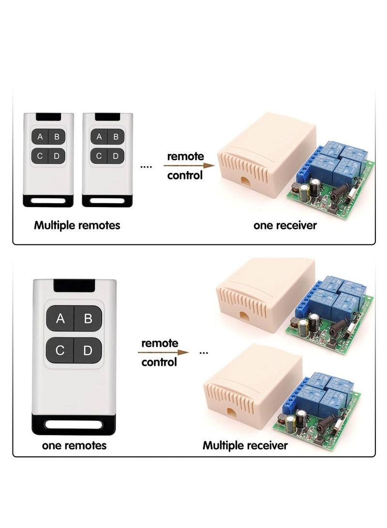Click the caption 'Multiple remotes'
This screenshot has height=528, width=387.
pos(77,225)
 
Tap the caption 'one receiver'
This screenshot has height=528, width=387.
pos(285,225)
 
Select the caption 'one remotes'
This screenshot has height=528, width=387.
pos(74,445)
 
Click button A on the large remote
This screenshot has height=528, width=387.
pos(60,318)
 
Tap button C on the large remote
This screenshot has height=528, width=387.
pos(60,350)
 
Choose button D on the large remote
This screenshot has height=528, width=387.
pos(88,350)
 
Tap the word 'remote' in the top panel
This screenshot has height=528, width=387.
pos(185,156)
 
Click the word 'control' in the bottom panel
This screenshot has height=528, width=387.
pos(159,362)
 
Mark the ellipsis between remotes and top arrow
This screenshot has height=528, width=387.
pos(146,166)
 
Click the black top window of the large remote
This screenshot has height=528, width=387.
pos(74,286)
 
